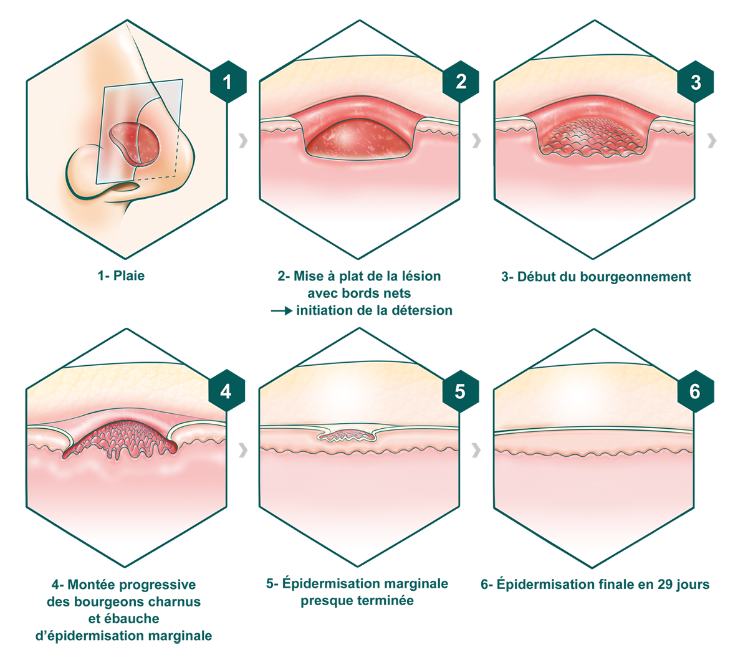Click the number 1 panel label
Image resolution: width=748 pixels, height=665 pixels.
click(x=227, y=82)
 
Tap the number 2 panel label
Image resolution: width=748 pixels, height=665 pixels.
click(x=461, y=82)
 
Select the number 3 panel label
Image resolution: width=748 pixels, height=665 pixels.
click(x=696, y=82)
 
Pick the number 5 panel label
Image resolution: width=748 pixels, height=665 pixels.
click(x=460, y=391)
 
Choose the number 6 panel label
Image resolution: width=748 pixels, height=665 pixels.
click(x=694, y=391)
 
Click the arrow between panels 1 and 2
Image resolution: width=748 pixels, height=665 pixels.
click(x=242, y=140)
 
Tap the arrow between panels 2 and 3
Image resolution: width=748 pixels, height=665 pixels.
click(x=476, y=140)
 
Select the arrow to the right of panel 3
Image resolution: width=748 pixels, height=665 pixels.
click(x=709, y=141)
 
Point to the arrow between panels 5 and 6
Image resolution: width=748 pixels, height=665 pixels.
click(x=476, y=449)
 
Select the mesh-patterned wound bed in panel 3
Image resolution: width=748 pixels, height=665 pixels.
click(x=592, y=140)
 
